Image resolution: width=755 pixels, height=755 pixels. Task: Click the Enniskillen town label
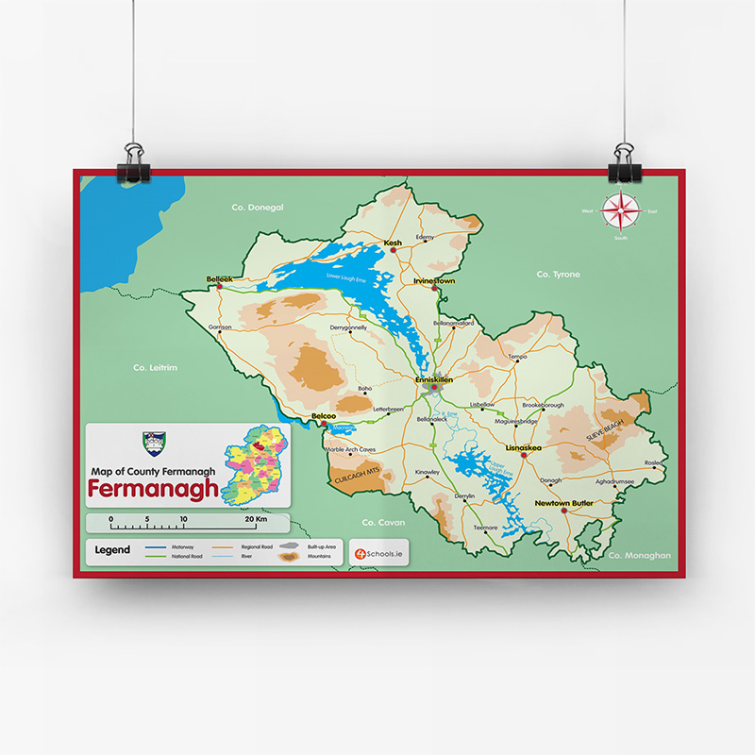(434, 378)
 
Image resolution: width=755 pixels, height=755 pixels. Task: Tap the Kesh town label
(393, 243)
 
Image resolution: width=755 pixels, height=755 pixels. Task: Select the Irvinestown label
(434, 280)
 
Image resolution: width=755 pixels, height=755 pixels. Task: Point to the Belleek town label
(219, 278)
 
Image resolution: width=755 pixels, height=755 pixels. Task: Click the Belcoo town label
(324, 415)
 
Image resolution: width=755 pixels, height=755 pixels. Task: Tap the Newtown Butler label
(563, 503)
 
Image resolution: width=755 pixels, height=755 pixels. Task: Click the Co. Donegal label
(258, 207)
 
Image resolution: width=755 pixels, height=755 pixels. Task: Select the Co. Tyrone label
(558, 274)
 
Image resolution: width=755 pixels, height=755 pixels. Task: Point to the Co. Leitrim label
(156, 367)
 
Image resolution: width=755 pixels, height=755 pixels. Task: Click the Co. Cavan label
(383, 522)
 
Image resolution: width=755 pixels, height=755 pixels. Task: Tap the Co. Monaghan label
(639, 555)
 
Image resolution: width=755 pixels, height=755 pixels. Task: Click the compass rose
(620, 211)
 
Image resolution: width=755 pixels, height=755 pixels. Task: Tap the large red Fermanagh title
(153, 489)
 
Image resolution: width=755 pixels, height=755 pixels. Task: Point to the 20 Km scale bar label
(256, 519)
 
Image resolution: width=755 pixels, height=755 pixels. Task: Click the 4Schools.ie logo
(378, 552)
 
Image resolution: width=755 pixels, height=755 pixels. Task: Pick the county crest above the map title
(153, 442)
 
